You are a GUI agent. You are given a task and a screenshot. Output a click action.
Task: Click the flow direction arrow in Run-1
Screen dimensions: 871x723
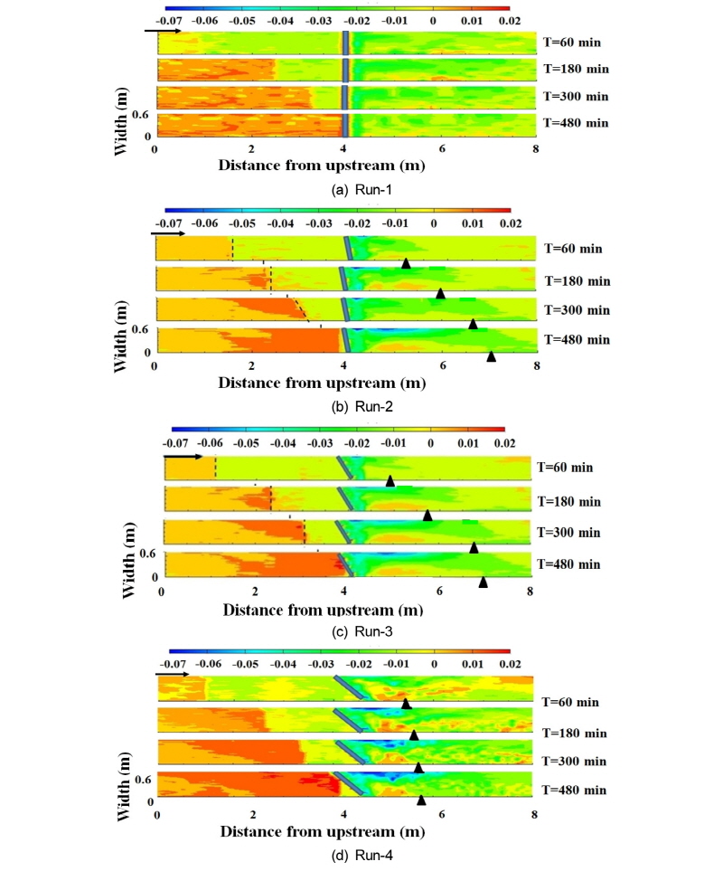(x=163, y=31)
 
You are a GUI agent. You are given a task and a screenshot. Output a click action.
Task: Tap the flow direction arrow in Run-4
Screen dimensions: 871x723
(x=172, y=674)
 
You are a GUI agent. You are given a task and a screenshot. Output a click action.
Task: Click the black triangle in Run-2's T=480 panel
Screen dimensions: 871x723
(x=492, y=356)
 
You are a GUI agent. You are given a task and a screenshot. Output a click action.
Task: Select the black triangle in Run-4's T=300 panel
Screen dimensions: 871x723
(x=418, y=767)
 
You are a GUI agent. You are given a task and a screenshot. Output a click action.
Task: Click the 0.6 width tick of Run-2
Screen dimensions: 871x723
(x=140, y=330)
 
